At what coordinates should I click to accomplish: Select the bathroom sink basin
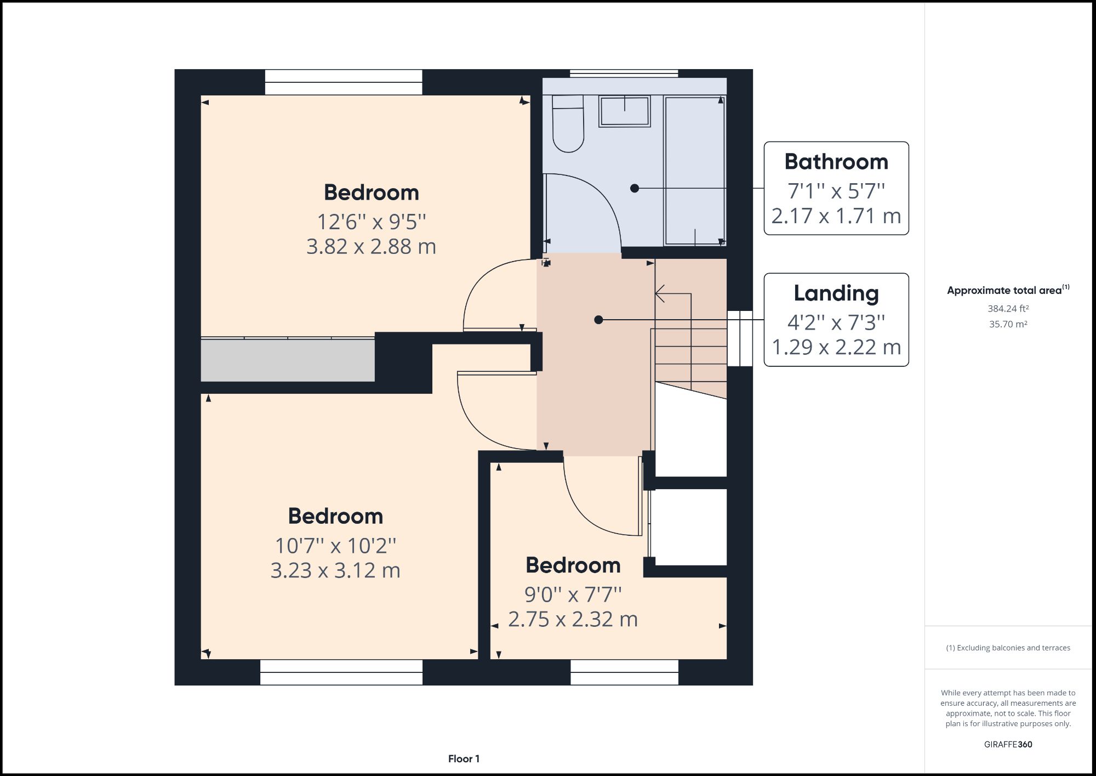tap(624, 111)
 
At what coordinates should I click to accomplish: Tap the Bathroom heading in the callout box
tap(836, 162)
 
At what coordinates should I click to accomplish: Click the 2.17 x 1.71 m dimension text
tap(836, 216)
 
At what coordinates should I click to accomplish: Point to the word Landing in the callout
tap(836, 293)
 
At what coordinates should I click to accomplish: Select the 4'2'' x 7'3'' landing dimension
tap(836, 322)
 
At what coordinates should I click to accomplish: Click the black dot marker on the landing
tap(598, 320)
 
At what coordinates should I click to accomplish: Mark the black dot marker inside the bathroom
tap(635, 188)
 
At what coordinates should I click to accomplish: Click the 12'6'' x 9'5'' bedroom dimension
tap(371, 222)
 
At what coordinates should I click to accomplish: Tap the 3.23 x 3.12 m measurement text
tap(335, 570)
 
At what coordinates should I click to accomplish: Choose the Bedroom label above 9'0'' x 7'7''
tap(573, 565)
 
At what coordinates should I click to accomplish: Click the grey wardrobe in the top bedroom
tap(287, 360)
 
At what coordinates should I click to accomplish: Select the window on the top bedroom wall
tap(344, 82)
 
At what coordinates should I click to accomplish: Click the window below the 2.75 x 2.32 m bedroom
tap(624, 672)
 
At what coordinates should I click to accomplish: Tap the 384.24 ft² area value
tap(1008, 309)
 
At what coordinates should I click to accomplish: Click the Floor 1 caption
tap(464, 759)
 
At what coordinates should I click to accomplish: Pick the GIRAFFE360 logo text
tap(1008, 744)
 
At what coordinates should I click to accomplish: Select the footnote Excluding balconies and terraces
tap(1008, 648)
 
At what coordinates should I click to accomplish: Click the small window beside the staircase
tap(740, 338)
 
